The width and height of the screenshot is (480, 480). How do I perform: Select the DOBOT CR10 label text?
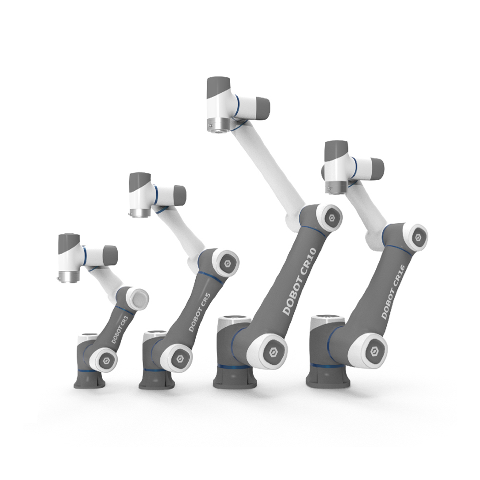coord(299,282)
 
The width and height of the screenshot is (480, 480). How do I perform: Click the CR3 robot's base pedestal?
coord(89,379)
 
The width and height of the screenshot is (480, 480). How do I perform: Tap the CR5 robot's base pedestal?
coord(157,379)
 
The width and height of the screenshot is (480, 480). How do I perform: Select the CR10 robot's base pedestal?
coord(235,377)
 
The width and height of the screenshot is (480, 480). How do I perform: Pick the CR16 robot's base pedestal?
coord(328,376)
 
